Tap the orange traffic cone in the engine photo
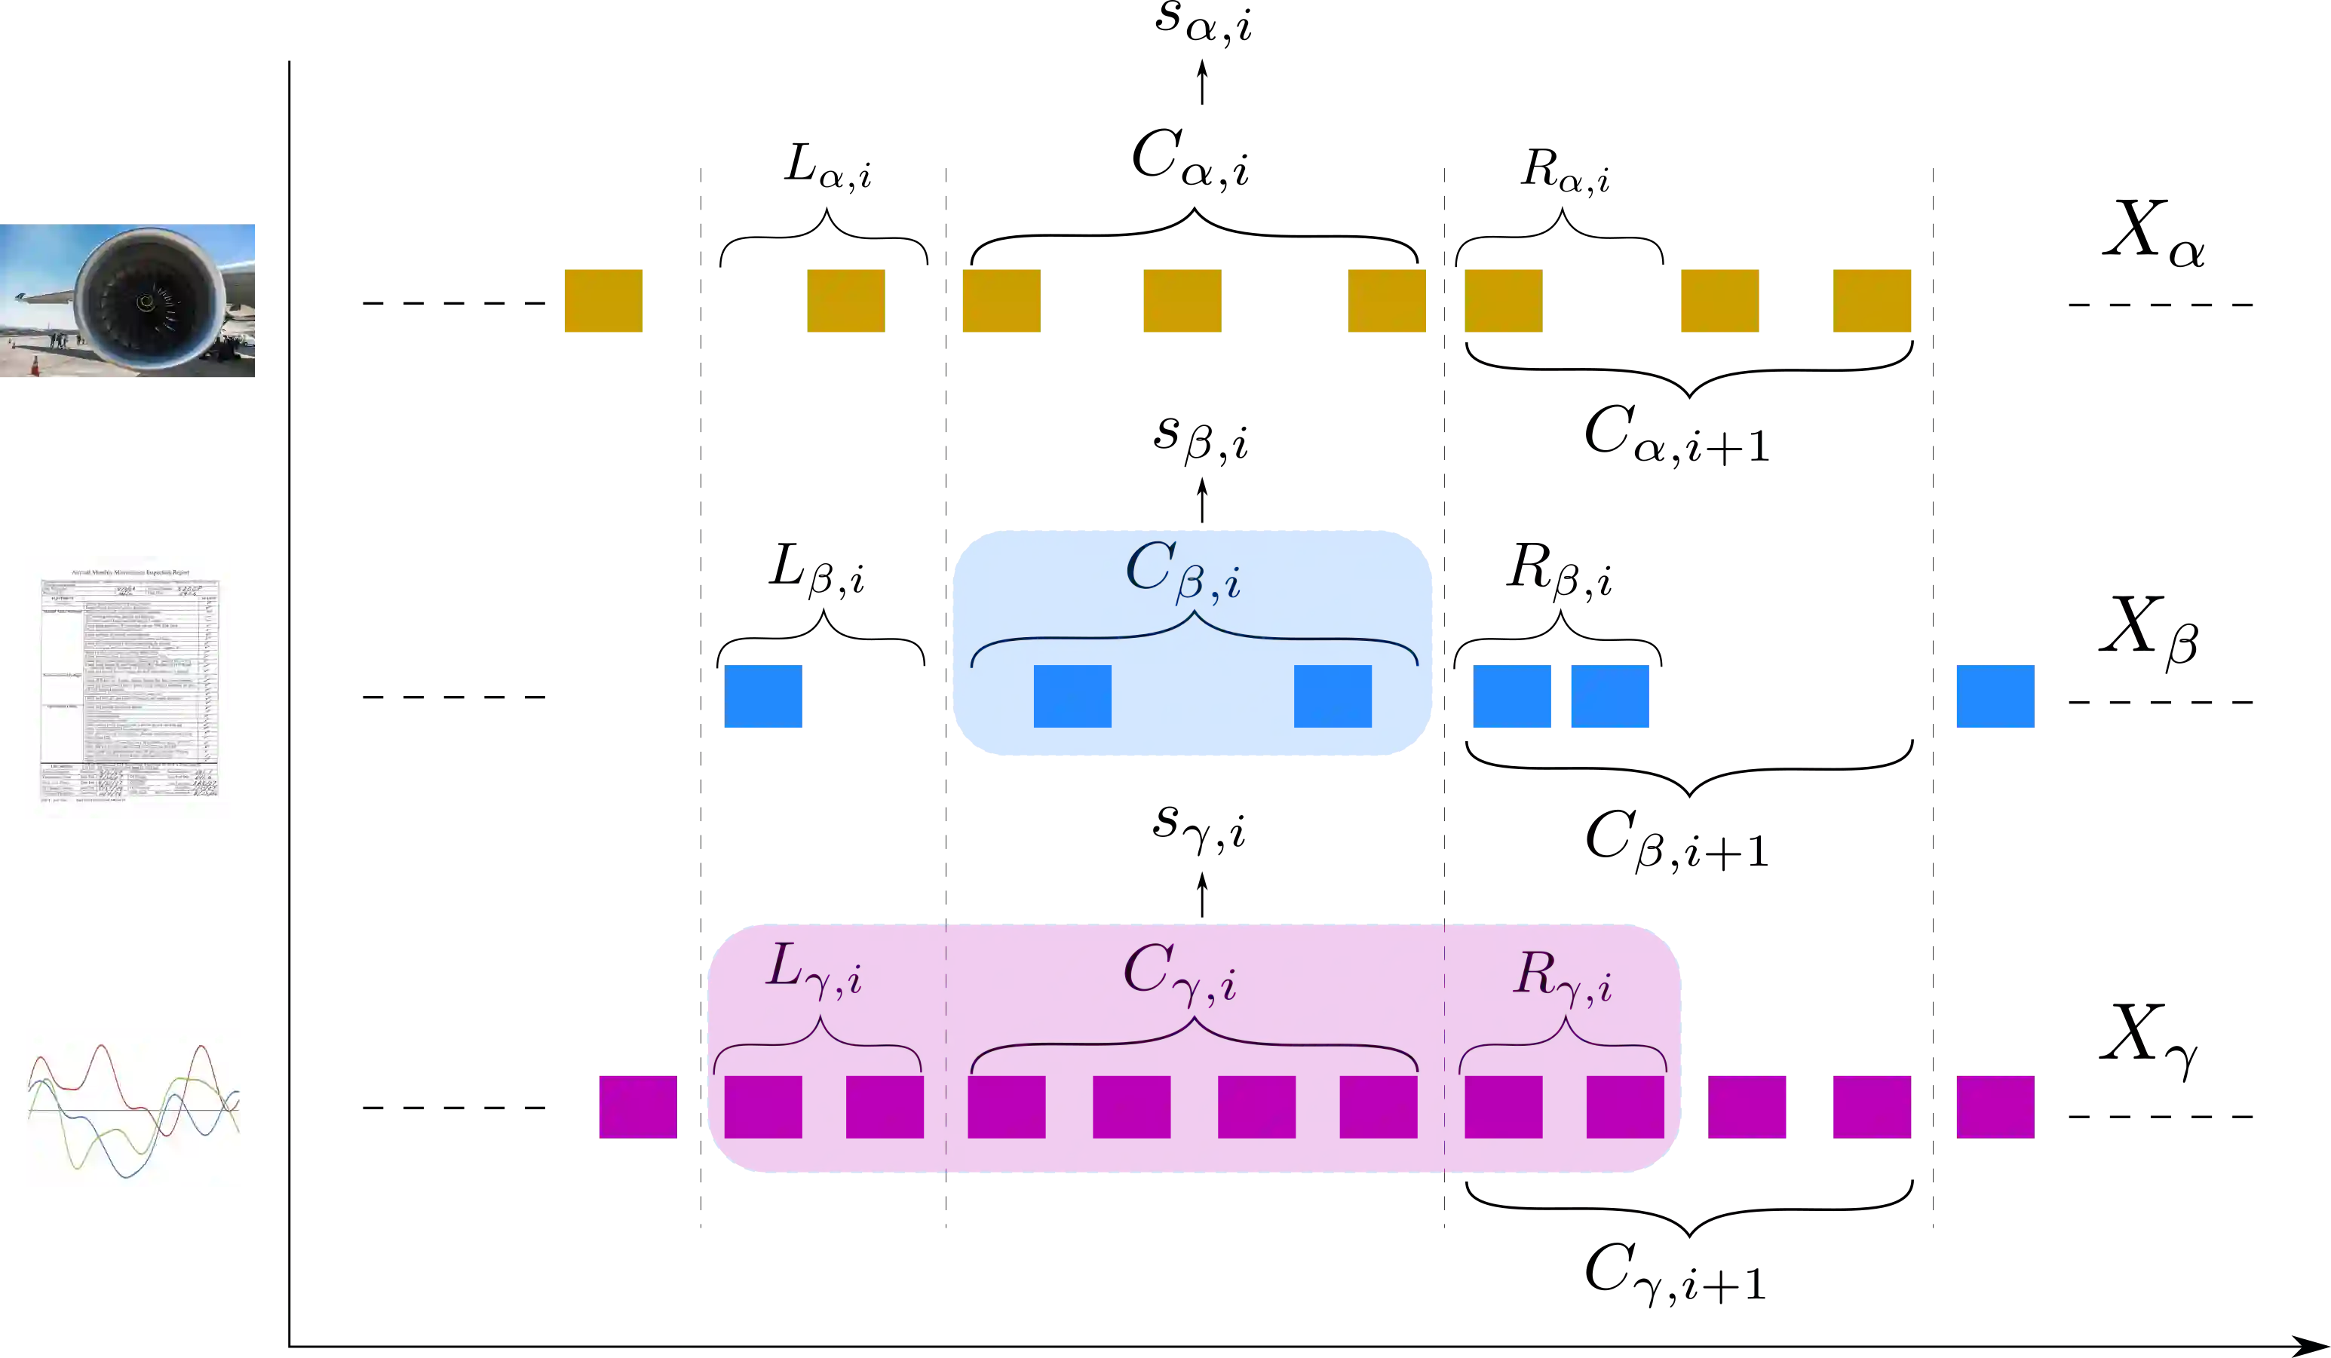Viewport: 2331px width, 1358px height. tap(35, 366)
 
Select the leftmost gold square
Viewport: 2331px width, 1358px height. tap(603, 302)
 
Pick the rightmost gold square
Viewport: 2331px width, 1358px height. tap(1869, 302)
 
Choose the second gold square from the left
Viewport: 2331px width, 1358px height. tap(845, 302)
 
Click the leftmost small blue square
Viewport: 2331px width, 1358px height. tap(762, 697)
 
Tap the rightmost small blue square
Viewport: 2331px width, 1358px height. tap(1996, 697)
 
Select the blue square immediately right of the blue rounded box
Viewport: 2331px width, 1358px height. tap(1512, 697)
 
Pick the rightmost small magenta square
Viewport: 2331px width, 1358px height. tap(1996, 1106)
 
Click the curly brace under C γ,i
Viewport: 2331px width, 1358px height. tap(1193, 1045)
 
